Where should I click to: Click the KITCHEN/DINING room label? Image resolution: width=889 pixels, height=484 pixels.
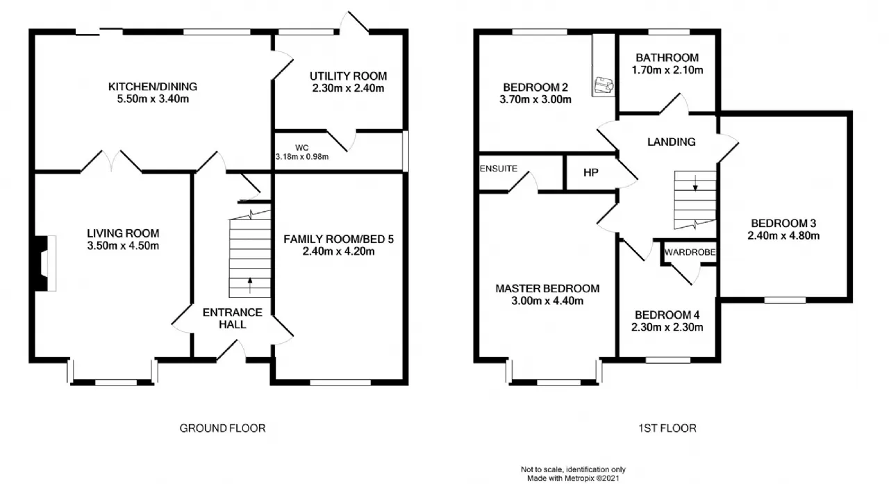pyautogui.click(x=153, y=87)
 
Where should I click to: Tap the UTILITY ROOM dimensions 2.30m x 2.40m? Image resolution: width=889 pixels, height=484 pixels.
pyautogui.click(x=348, y=88)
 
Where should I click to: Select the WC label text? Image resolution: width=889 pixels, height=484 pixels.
pyautogui.click(x=302, y=148)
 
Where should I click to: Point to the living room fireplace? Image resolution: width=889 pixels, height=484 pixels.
pyautogui.click(x=44, y=263)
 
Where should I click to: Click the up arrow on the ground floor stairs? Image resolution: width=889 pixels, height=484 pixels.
pyautogui.click(x=250, y=285)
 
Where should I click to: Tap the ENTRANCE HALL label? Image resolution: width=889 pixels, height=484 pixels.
pyautogui.click(x=233, y=319)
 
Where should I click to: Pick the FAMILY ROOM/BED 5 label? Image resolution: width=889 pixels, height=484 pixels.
pyautogui.click(x=338, y=240)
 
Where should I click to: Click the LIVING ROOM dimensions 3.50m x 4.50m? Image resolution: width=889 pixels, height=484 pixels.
pyautogui.click(x=123, y=246)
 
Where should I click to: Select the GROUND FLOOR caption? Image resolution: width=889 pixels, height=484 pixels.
pyautogui.click(x=222, y=428)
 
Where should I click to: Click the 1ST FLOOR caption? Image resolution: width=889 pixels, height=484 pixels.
pyautogui.click(x=667, y=428)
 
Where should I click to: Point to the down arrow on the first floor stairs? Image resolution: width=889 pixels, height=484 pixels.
pyautogui.click(x=695, y=183)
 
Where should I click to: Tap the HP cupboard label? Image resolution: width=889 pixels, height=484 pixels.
pyautogui.click(x=591, y=173)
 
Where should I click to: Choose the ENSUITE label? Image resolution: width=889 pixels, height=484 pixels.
pyautogui.click(x=499, y=169)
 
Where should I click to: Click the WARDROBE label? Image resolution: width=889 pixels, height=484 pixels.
pyautogui.click(x=690, y=252)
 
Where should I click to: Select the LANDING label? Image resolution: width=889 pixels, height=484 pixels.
pyautogui.click(x=672, y=142)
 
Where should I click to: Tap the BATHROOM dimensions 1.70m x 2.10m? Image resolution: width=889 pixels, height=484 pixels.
pyautogui.click(x=667, y=70)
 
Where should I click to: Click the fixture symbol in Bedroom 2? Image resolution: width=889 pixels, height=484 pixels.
pyautogui.click(x=604, y=85)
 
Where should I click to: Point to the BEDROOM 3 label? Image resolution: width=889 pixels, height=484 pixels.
pyautogui.click(x=783, y=224)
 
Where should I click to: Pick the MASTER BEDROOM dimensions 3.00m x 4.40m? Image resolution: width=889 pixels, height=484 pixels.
pyautogui.click(x=547, y=301)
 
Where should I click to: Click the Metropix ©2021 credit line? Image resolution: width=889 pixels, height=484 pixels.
pyautogui.click(x=573, y=479)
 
